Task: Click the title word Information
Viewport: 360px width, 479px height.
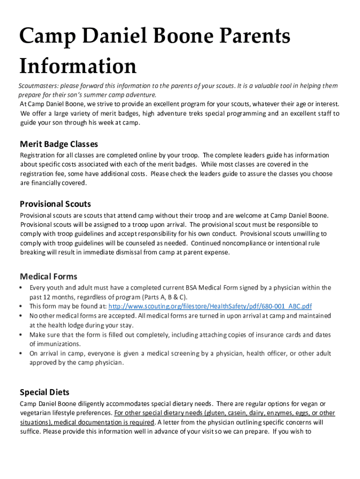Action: click(78, 66)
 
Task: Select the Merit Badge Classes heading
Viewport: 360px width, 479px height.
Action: click(59, 144)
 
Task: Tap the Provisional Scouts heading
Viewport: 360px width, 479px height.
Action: click(55, 204)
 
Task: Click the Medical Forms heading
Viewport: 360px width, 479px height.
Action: click(49, 276)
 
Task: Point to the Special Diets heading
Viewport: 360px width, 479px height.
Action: click(44, 392)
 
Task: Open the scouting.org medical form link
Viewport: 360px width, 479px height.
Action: click(210, 306)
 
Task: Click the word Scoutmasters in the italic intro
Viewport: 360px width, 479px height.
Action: click(38, 86)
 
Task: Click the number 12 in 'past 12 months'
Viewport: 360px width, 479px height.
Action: click(48, 297)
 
